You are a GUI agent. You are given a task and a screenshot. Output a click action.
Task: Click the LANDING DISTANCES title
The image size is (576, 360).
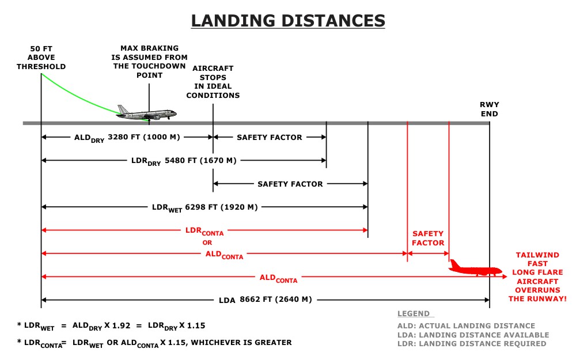[288, 21]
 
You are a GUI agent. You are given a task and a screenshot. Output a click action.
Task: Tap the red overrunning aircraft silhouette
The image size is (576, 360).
[475, 268]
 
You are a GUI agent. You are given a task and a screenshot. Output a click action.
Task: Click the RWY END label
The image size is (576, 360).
[489, 109]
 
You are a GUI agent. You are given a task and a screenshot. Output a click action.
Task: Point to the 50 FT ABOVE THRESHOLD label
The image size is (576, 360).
[41, 58]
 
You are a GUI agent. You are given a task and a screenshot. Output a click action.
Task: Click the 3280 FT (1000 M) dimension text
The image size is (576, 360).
[143, 137]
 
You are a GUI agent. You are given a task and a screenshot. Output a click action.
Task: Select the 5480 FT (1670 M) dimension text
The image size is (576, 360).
[200, 161]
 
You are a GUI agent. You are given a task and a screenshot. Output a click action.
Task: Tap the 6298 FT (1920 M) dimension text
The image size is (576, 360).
[221, 207]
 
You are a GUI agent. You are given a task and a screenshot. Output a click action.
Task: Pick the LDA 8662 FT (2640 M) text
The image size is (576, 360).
[265, 300]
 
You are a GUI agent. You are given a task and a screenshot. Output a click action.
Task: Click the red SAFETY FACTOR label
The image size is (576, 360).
[428, 238]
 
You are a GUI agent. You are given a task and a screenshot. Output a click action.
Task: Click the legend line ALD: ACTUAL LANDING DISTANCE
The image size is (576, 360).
[466, 326]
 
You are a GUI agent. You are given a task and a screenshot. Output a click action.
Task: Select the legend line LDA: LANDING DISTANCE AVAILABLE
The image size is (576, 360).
[473, 335]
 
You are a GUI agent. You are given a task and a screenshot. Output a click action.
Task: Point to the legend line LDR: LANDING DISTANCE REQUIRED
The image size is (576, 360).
[472, 344]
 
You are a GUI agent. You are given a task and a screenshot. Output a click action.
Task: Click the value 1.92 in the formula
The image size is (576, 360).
[121, 325]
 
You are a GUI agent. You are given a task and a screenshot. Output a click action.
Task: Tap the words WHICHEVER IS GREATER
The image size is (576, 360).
[241, 343]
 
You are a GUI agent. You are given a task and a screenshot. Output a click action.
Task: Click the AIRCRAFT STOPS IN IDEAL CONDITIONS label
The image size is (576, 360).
[213, 82]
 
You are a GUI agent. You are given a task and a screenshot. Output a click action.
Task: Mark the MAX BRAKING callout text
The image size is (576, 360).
[150, 62]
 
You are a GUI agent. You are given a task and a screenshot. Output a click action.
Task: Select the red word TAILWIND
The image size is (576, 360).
[537, 255]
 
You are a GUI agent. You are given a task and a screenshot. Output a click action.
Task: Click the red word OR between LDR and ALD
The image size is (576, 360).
[207, 243]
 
